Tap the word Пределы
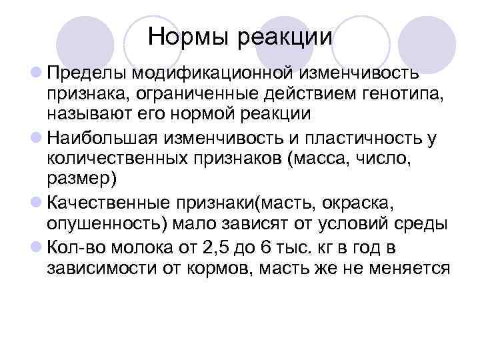88,71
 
